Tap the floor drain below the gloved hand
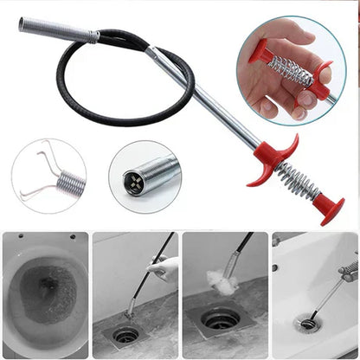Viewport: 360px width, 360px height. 126,333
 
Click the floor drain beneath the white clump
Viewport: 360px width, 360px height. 220,323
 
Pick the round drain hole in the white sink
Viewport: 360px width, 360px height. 306,325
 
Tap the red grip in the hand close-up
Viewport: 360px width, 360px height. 321,87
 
